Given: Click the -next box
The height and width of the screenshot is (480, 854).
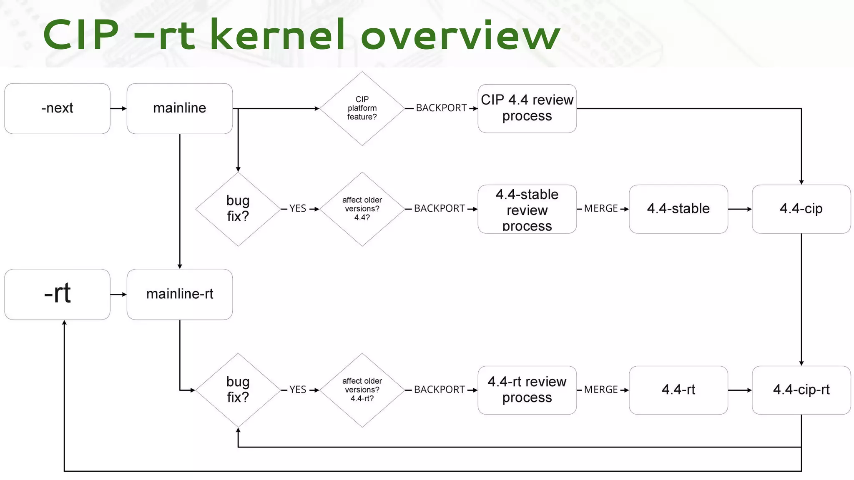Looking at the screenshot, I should click(x=57, y=108).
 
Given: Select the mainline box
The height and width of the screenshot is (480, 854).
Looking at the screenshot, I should click(x=179, y=108).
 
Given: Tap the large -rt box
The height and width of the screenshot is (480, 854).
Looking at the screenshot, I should click(x=57, y=294).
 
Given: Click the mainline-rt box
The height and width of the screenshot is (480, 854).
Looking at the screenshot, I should click(x=179, y=294).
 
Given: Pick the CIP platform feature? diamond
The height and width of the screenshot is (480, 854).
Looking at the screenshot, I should click(x=362, y=108).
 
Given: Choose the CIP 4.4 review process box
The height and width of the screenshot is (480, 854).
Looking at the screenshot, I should click(x=527, y=108).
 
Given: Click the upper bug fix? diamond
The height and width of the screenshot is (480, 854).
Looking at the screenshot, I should click(x=238, y=209).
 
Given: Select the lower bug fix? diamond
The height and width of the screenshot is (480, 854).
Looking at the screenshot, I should click(x=238, y=390).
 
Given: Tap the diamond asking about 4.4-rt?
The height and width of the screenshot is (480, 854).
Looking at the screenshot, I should click(x=362, y=390).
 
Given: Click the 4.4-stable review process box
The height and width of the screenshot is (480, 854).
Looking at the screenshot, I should click(x=527, y=209).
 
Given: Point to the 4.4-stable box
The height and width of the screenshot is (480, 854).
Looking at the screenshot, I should click(x=678, y=209).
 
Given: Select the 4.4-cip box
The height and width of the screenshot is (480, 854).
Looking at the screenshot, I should click(x=801, y=209).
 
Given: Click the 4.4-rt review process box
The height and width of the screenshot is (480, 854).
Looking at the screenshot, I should click(x=527, y=390).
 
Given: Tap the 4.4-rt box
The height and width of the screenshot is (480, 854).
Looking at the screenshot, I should click(x=678, y=390).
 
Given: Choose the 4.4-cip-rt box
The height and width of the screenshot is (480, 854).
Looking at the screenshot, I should click(x=801, y=390).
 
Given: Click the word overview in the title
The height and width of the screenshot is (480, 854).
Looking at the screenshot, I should click(x=460, y=36).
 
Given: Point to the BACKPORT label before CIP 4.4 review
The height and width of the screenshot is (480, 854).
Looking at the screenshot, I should click(x=441, y=108).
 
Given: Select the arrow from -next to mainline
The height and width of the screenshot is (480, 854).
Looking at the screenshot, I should click(x=118, y=108).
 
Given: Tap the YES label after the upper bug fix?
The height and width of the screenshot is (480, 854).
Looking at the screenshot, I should click(x=298, y=209).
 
